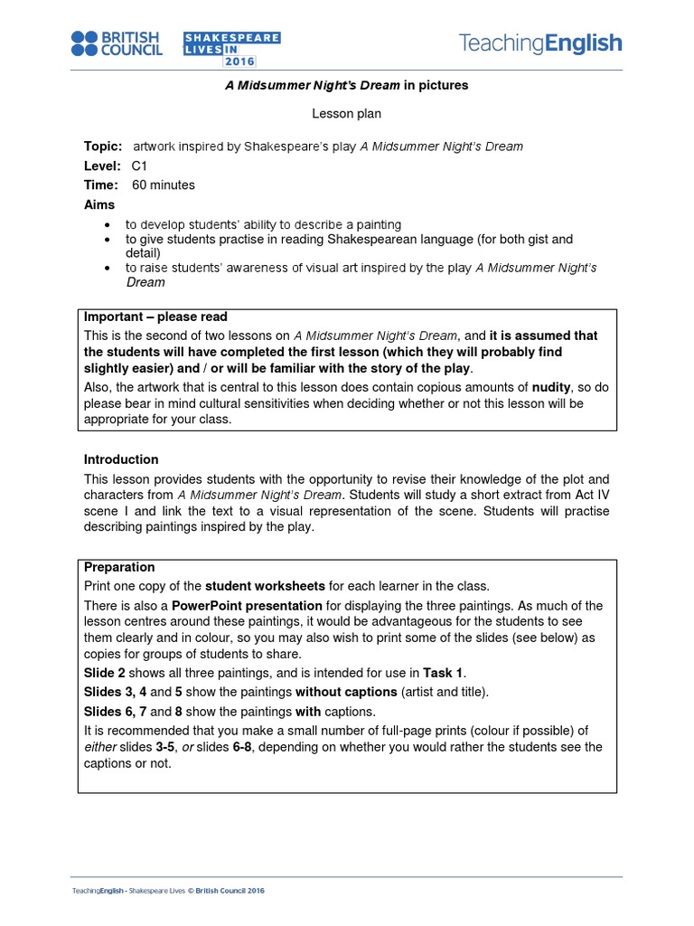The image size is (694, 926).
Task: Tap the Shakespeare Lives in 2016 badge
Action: pos(220,49)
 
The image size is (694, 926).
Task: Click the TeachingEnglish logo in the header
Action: pos(540,43)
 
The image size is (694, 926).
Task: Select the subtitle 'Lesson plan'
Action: pos(347,114)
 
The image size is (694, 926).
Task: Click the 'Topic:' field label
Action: pos(101,146)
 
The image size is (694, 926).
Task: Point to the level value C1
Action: pos(139,166)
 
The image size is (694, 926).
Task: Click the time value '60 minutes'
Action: pos(164,185)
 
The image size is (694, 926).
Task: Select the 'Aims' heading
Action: pos(99,205)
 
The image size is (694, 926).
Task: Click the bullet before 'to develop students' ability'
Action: pos(108,224)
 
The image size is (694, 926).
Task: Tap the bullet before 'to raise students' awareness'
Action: pos(108,269)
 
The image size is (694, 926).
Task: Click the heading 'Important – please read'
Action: pos(155,317)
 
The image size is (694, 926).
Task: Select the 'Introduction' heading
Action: pos(121,459)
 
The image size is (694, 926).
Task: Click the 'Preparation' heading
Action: pos(119,568)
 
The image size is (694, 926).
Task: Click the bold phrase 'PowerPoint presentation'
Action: pos(247,606)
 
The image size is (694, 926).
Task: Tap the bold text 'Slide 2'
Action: pos(105,673)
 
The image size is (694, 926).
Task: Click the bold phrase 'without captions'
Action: pos(346,692)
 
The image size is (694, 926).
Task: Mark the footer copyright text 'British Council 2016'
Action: pos(230,891)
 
